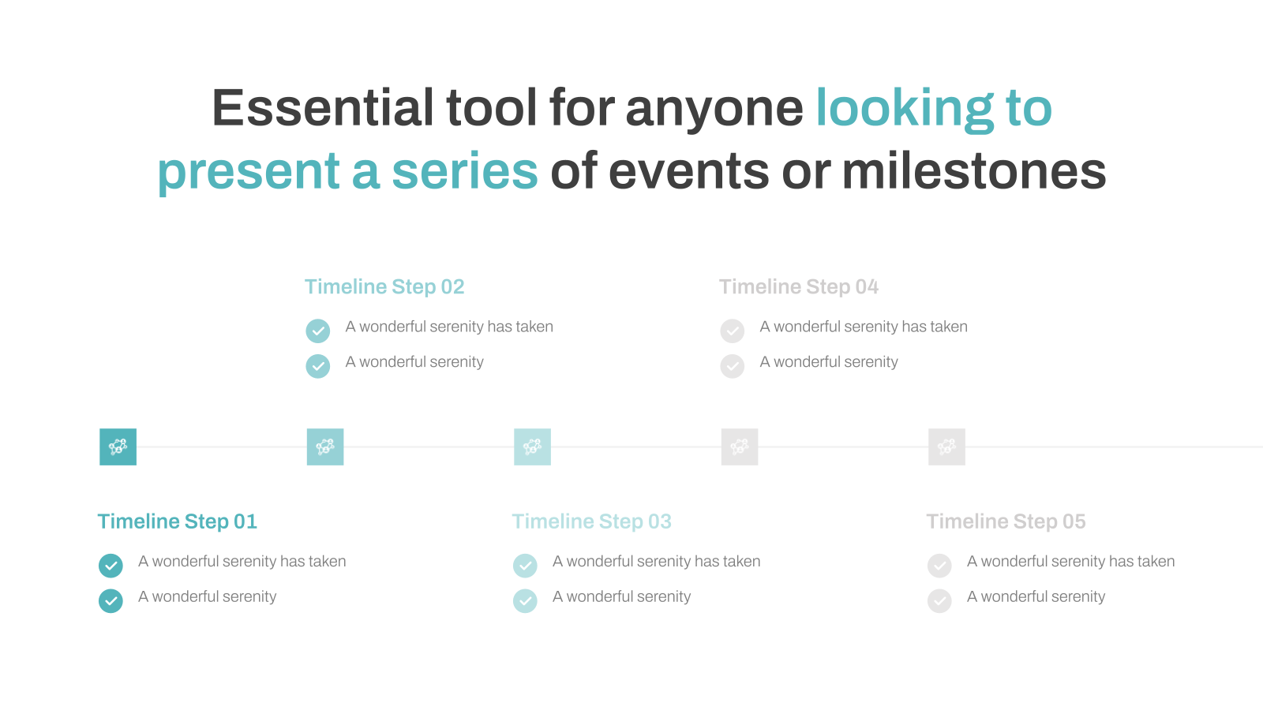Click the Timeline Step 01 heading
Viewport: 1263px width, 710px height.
click(177, 521)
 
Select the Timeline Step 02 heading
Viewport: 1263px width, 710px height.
click(384, 286)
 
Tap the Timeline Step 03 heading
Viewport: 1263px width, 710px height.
click(591, 521)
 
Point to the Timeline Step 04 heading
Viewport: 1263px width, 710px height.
click(799, 286)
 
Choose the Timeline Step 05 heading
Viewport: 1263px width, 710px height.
click(1006, 521)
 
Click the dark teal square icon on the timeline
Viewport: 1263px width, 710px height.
click(118, 447)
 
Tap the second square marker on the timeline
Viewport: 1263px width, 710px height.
click(325, 447)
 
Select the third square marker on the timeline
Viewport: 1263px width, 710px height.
click(532, 447)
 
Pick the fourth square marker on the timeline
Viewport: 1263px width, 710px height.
click(740, 447)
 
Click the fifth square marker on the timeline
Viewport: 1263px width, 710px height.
click(946, 447)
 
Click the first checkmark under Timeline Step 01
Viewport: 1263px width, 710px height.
click(111, 566)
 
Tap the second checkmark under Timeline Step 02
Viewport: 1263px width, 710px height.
click(318, 366)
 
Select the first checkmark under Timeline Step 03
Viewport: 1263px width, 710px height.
click(525, 566)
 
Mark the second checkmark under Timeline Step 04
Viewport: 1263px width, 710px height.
click(733, 366)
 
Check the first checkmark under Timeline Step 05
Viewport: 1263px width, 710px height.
click(939, 566)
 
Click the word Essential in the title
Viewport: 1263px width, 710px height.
click(323, 107)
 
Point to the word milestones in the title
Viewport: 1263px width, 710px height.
click(974, 170)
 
